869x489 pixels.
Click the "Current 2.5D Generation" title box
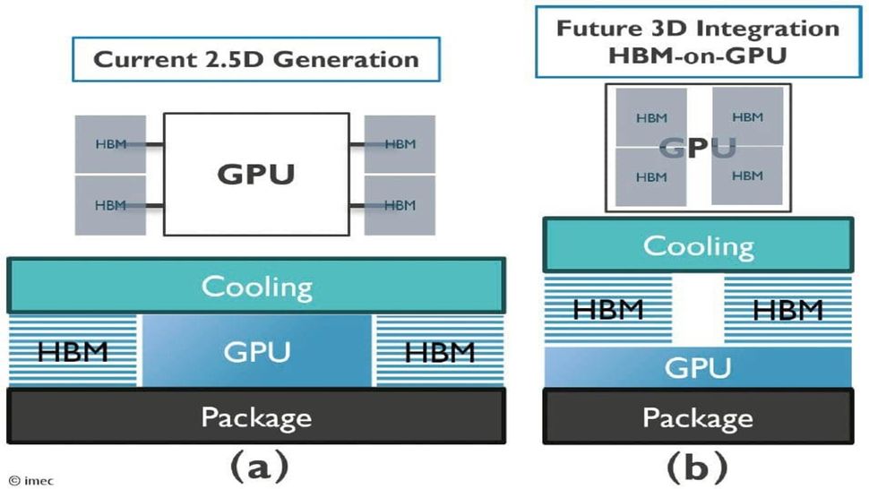point(256,61)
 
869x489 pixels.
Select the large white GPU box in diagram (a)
point(255,174)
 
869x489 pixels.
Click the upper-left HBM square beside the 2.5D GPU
point(108,144)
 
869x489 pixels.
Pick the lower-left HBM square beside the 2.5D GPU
point(108,205)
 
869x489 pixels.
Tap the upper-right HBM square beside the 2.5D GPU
point(400,144)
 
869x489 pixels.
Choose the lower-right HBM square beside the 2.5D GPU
point(400,205)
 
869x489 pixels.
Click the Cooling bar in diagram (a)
point(256,287)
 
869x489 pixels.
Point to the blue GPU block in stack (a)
point(256,350)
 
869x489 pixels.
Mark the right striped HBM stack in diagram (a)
point(439,350)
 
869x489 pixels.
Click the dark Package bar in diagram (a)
point(256,416)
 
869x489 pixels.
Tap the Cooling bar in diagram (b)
point(698,245)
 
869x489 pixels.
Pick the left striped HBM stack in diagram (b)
point(608,310)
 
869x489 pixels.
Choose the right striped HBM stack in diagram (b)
point(787,310)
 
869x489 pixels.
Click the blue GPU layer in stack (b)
point(698,367)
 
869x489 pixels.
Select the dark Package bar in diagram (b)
point(698,417)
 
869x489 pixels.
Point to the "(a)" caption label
point(258,465)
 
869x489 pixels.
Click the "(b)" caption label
point(698,465)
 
